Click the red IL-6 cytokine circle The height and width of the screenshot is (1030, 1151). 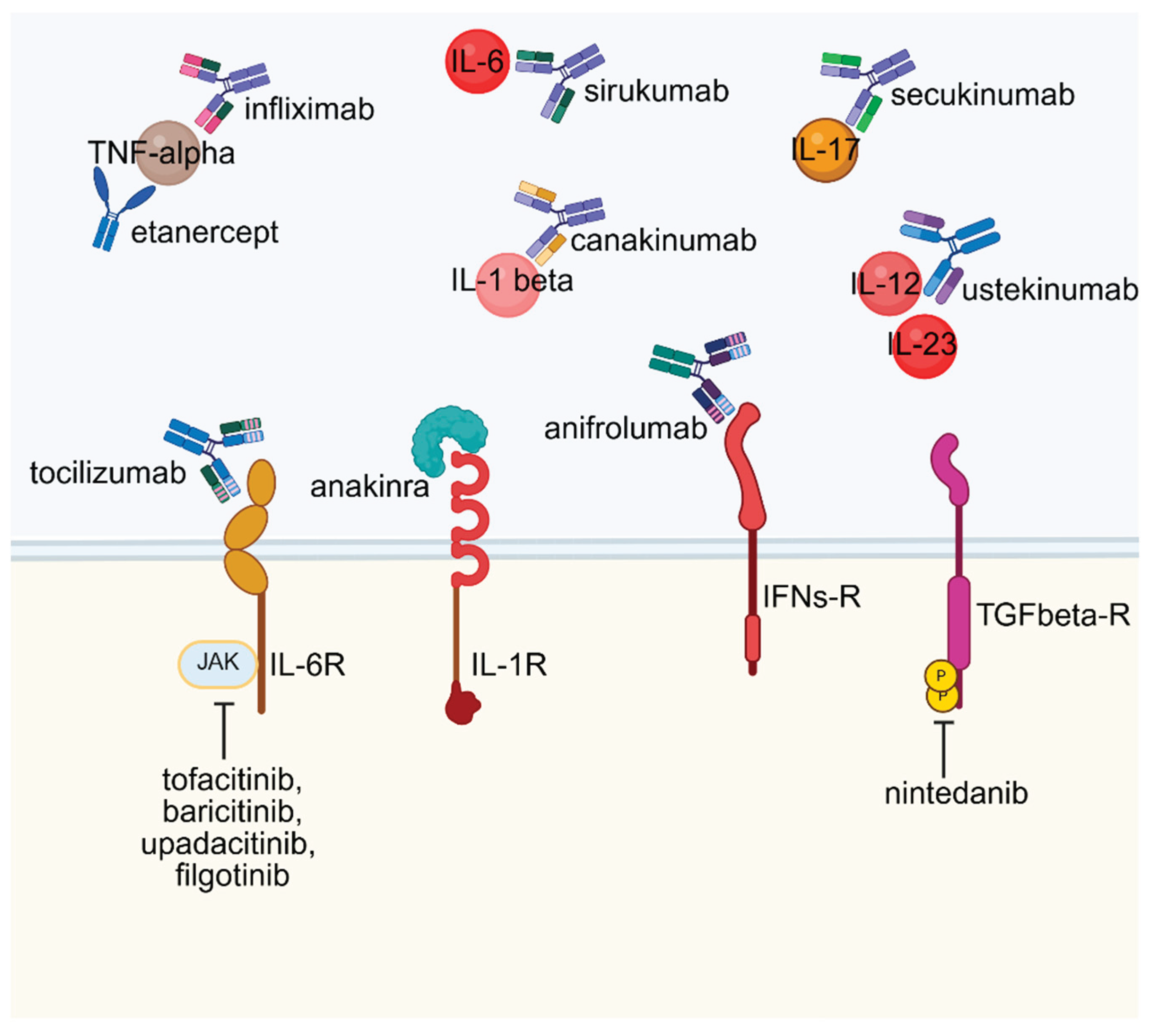click(x=477, y=61)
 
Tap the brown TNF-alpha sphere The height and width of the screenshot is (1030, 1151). click(x=168, y=152)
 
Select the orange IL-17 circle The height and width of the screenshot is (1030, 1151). click(x=825, y=150)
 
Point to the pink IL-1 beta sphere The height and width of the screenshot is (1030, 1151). click(x=507, y=284)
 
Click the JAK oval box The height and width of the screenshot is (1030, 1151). click(x=218, y=664)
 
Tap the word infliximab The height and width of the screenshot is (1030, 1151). click(x=309, y=109)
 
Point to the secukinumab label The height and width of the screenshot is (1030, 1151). click(x=982, y=95)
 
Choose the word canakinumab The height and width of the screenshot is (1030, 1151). click(x=663, y=240)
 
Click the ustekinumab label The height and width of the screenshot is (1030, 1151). click(x=1050, y=290)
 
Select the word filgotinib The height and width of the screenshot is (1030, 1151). click(x=232, y=876)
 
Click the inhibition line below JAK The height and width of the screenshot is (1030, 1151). click(x=224, y=730)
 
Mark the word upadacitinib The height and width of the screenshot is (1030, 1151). click(x=227, y=844)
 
